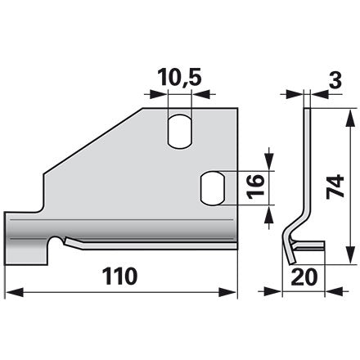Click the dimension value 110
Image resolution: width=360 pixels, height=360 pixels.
pyautogui.click(x=119, y=276)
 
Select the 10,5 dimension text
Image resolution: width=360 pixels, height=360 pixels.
pyautogui.click(x=180, y=77)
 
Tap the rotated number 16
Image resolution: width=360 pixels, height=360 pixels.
pyautogui.click(x=255, y=187)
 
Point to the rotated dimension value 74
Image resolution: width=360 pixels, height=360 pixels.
pyautogui.click(x=335, y=186)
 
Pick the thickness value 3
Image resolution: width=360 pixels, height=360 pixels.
pyautogui.click(x=335, y=80)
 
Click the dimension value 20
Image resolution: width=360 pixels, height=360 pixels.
pyautogui.click(x=304, y=277)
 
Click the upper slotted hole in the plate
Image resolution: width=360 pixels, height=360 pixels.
pyautogui.click(x=180, y=132)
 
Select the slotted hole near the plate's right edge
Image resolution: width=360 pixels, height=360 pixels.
pyautogui.click(x=213, y=188)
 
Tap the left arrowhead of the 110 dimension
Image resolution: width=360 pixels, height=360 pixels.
pyautogui.click(x=15, y=293)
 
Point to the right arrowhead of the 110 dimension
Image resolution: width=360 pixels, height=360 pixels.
pyautogui.click(x=227, y=293)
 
